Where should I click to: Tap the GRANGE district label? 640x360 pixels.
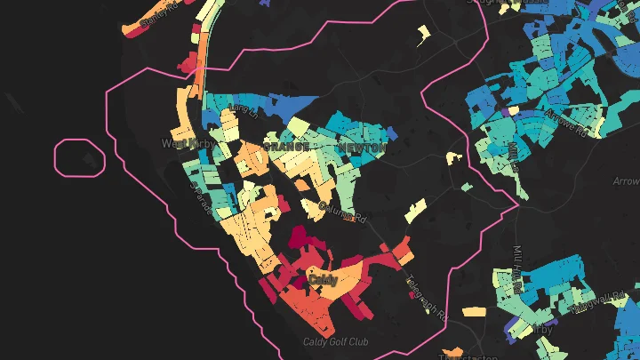285,147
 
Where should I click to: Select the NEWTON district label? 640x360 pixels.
361,148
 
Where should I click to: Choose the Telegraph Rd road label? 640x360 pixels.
428,299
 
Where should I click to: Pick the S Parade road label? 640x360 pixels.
201,198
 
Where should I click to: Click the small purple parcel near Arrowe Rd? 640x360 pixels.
509,112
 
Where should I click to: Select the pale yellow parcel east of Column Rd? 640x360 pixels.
416,212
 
